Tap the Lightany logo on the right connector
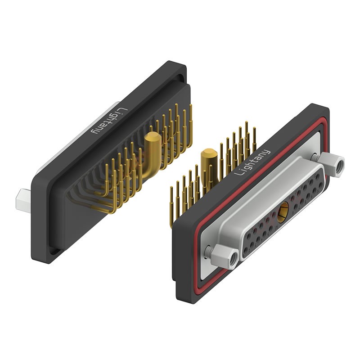tap(252, 162)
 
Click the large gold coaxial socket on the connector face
tap(283, 213)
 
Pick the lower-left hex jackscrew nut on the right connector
tap(224, 256)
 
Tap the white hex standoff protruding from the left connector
tap(23, 199)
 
